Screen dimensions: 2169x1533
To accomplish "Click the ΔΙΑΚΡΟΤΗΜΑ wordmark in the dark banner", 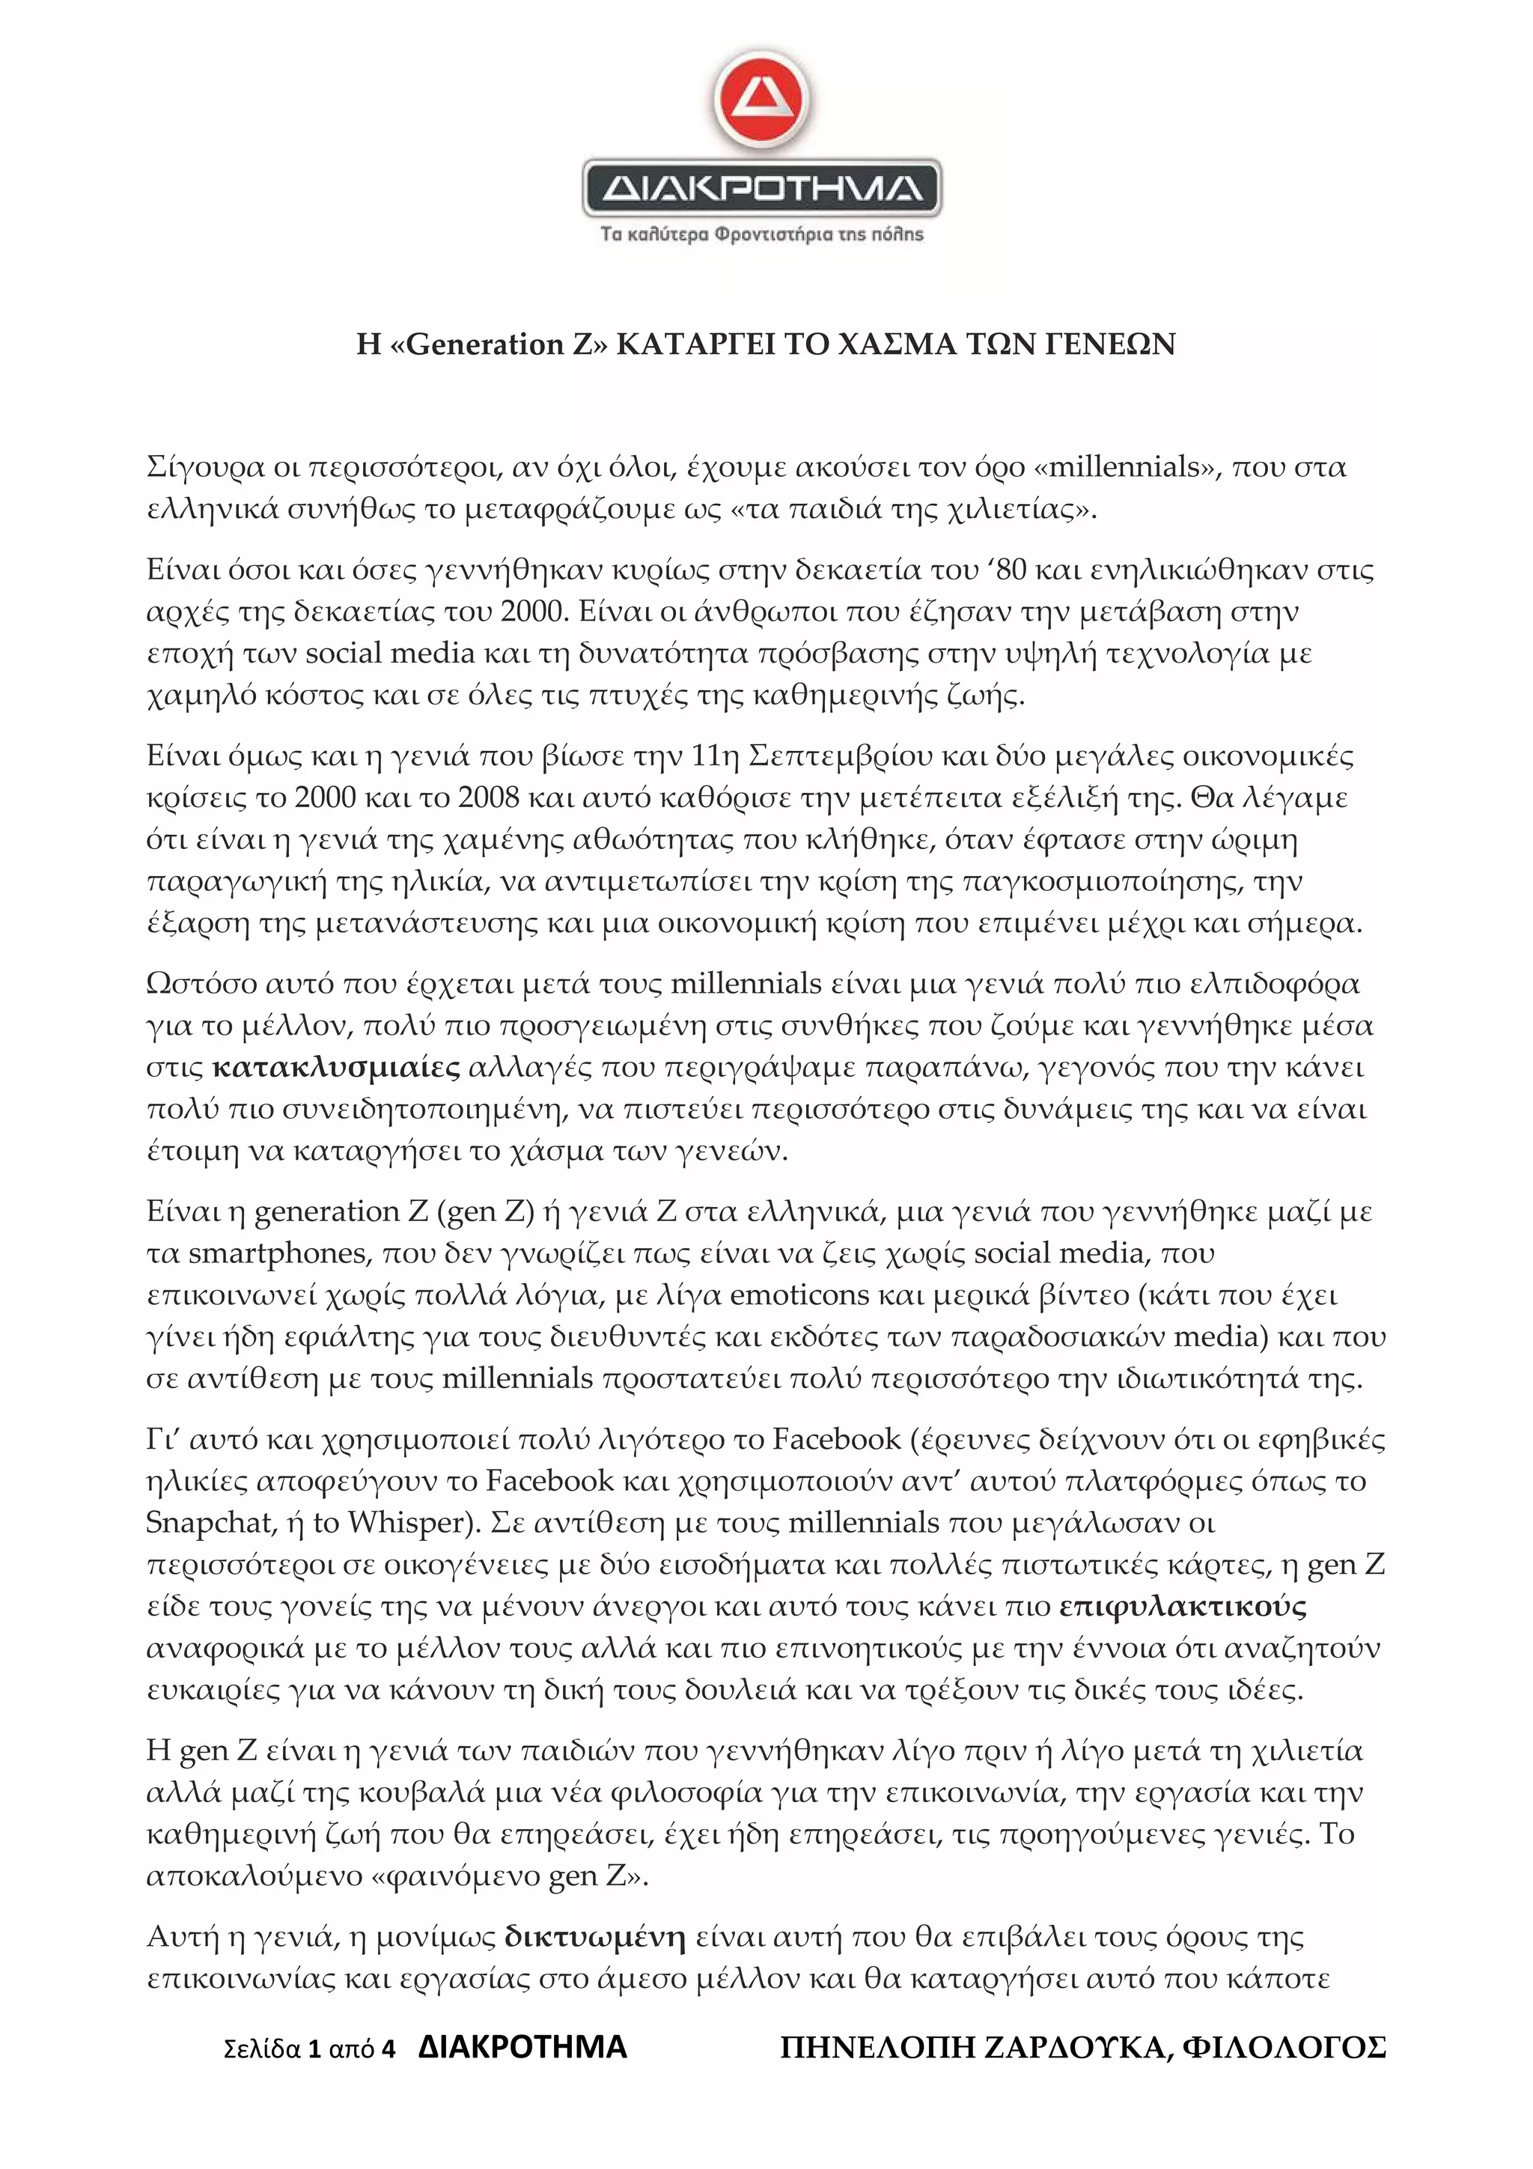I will pyautogui.click(x=762, y=189).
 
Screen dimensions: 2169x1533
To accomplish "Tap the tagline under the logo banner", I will pyautogui.click(x=762, y=234).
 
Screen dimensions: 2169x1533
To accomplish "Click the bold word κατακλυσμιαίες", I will pyautogui.click(x=336, y=1068).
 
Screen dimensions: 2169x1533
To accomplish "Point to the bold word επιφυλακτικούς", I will pyautogui.click(x=1183, y=1606).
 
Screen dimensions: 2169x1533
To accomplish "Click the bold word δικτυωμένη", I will pyautogui.click(x=595, y=1938).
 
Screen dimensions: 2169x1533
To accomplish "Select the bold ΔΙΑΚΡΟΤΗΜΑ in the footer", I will pyautogui.click(x=522, y=2047).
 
